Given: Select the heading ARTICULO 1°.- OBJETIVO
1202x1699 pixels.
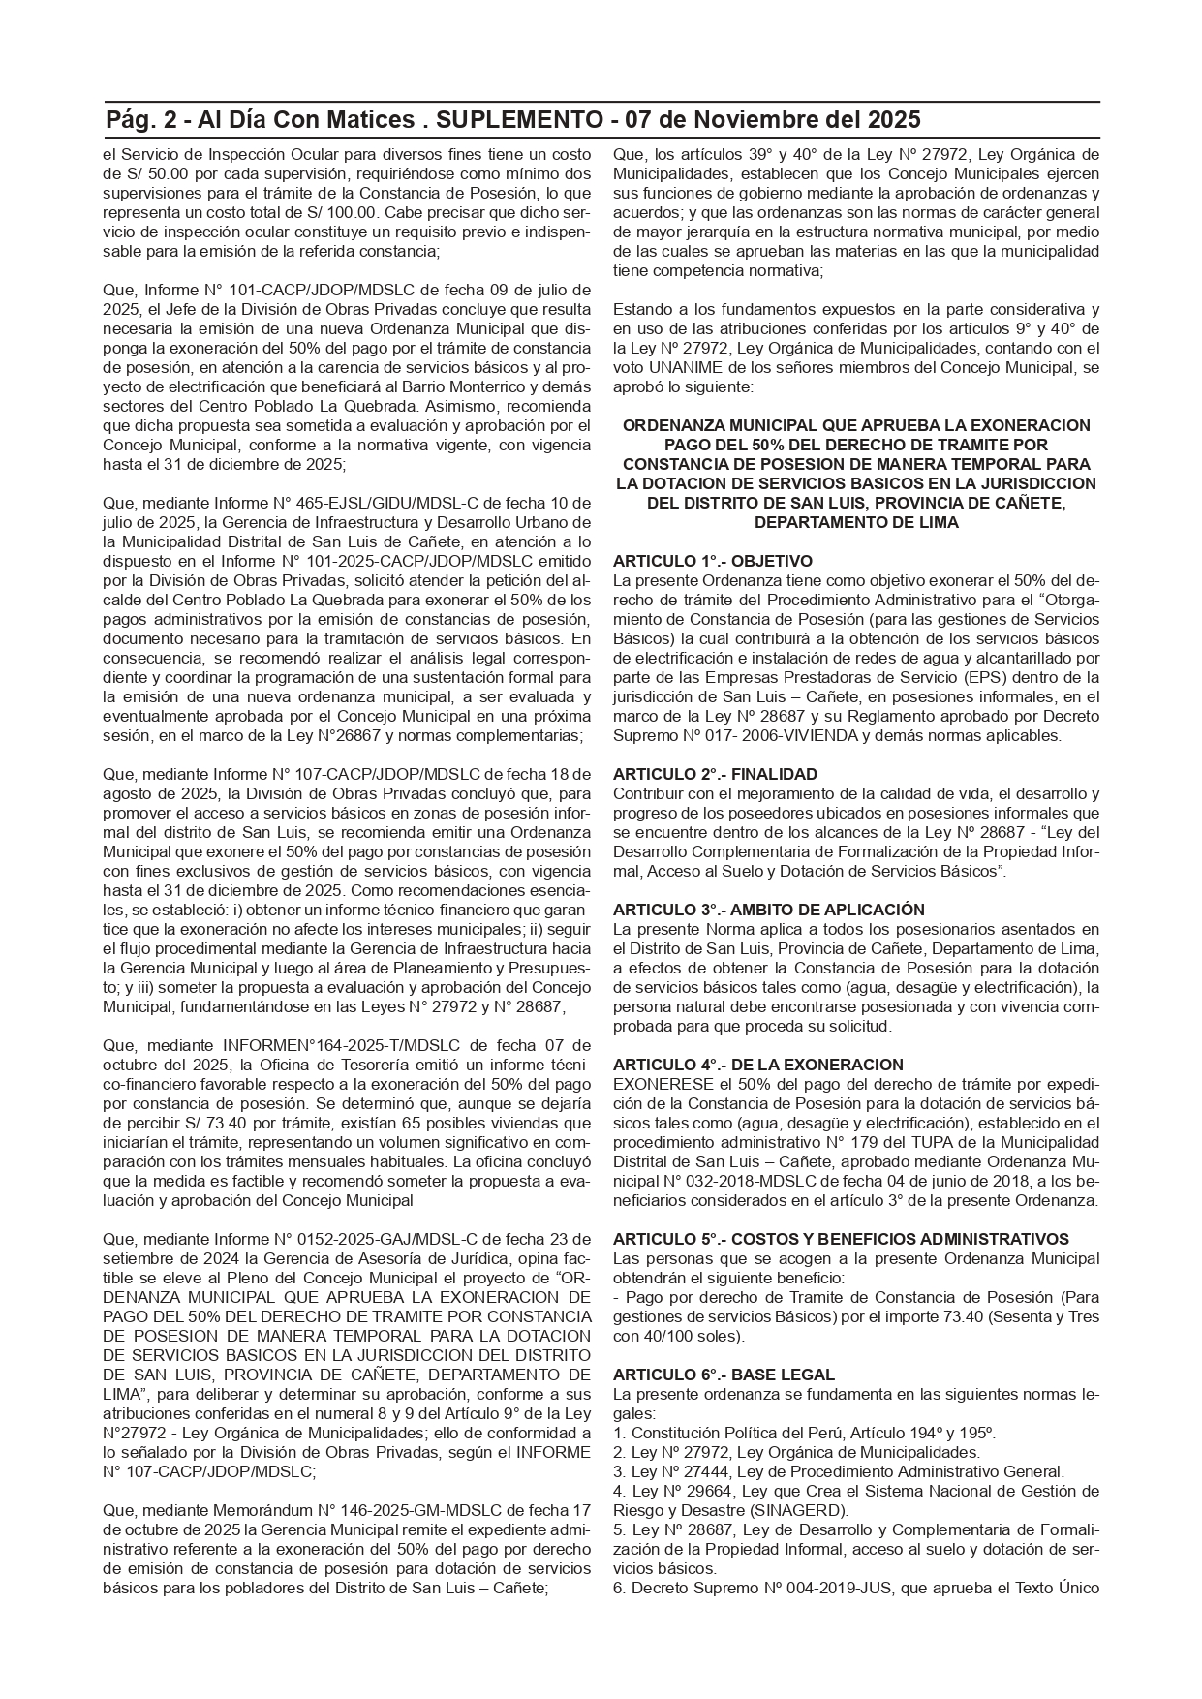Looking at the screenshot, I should pos(713,562).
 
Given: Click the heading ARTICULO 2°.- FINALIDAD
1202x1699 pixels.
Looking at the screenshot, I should pos(715,775).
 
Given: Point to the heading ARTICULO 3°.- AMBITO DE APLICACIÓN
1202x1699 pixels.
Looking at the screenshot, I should pos(769,911).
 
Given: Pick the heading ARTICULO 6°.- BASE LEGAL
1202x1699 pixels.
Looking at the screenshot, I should pos(724,1375).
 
